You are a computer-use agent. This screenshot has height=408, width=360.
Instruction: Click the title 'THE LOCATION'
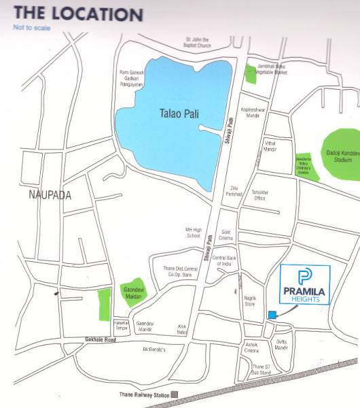click(78, 14)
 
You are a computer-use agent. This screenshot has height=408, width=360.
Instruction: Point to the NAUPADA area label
click(50, 194)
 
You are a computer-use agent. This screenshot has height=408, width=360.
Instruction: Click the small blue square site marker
click(272, 314)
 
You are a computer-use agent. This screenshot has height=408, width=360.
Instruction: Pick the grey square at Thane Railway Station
click(175, 394)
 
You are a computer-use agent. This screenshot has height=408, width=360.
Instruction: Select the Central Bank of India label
click(228, 261)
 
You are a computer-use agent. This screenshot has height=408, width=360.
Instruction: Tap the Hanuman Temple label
click(121, 325)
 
